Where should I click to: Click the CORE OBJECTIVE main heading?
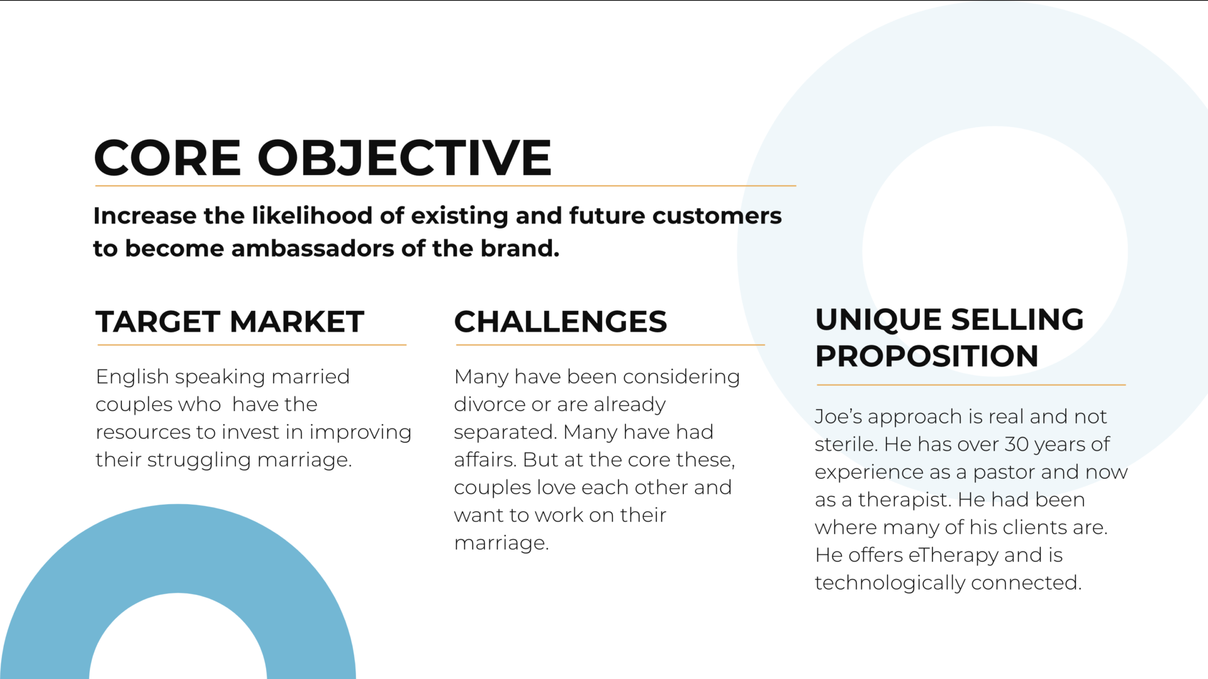pos(323,157)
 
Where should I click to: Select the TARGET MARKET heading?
pos(230,322)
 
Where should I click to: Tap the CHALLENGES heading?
pos(561,322)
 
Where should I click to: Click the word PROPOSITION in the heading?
pos(927,356)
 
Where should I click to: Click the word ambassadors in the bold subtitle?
pos(313,249)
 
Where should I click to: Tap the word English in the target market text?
pos(132,378)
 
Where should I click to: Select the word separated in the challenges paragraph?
pos(506,433)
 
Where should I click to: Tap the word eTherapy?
pos(953,556)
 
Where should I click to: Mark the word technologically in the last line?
pos(890,583)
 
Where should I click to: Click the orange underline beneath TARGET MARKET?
pos(252,345)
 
